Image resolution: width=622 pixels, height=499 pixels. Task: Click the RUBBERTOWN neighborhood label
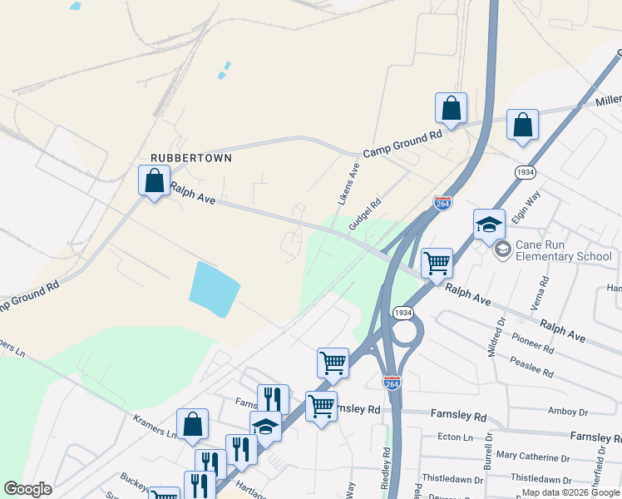pyautogui.click(x=190, y=157)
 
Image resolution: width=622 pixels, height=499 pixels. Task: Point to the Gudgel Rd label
pyautogui.click(x=365, y=214)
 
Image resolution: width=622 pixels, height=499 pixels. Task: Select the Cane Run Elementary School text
pyautogui.click(x=563, y=250)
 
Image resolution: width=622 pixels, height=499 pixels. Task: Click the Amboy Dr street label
pyautogui.click(x=568, y=412)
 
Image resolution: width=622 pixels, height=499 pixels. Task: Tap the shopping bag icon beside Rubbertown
pyautogui.click(x=154, y=181)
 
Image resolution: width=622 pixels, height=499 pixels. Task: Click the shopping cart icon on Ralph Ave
pyautogui.click(x=437, y=264)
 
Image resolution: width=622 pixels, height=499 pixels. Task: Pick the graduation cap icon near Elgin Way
pyautogui.click(x=489, y=224)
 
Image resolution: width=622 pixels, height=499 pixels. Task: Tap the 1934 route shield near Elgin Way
pyautogui.click(x=525, y=172)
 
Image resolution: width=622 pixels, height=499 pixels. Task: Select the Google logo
pyautogui.click(x=27, y=489)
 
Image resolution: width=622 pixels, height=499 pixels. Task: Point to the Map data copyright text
pyautogui.click(x=570, y=492)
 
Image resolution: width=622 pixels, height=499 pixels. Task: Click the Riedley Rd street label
pyautogui.click(x=387, y=466)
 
